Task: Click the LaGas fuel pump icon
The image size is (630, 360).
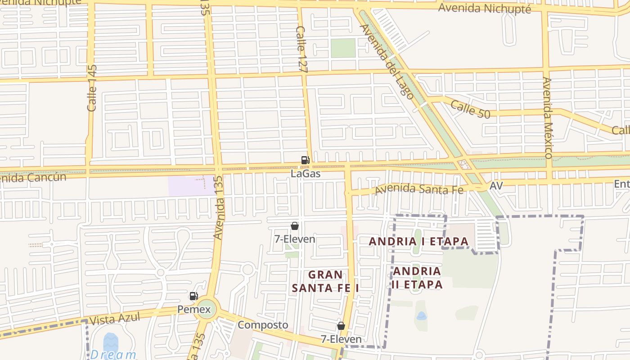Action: point(306,160)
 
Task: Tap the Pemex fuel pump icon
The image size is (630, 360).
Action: point(194,296)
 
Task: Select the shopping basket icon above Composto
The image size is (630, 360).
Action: point(341,326)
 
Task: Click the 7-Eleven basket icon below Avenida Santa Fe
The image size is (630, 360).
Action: point(295,226)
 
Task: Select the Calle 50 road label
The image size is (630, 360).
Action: point(470,109)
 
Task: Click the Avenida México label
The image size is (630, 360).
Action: point(548,117)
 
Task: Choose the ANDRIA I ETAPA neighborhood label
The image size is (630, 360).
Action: point(419,242)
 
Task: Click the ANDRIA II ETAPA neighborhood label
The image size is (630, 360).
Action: point(417,278)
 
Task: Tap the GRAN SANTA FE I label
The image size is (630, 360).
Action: point(325,281)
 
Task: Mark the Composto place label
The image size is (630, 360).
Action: point(263,325)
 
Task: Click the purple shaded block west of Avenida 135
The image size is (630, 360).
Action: point(191,186)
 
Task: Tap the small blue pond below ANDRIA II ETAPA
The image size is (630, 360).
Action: point(422,316)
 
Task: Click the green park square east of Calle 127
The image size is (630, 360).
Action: point(343,48)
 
